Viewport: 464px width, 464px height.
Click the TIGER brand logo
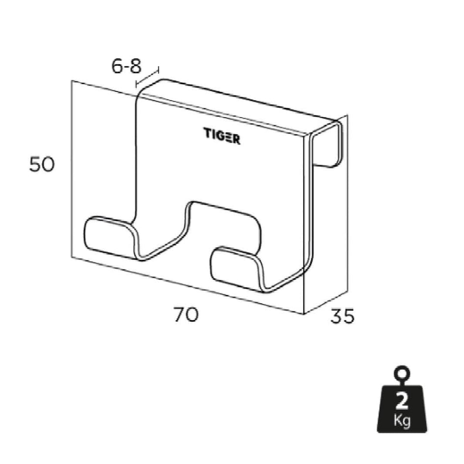pyautogui.click(x=222, y=136)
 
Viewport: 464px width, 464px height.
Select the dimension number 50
pyautogui.click(x=42, y=164)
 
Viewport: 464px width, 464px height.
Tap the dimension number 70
pyautogui.click(x=185, y=314)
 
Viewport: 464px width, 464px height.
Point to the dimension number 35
pyautogui.click(x=342, y=316)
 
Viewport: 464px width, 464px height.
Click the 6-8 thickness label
pyautogui.click(x=126, y=66)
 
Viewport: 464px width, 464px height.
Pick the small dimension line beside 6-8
pyautogui.click(x=147, y=77)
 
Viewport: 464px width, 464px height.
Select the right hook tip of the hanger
pyautogui.click(x=235, y=267)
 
